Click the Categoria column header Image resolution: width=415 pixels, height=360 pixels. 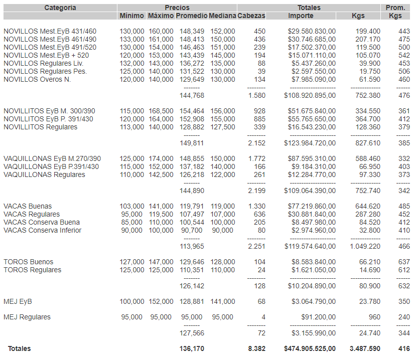click(x=60, y=8)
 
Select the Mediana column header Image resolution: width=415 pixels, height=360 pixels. click(x=222, y=16)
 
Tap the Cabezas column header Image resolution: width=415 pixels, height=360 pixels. click(x=251, y=16)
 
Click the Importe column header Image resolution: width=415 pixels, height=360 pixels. click(x=301, y=16)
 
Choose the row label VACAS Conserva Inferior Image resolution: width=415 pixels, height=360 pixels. click(x=42, y=230)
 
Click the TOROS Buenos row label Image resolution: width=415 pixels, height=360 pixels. click(x=28, y=262)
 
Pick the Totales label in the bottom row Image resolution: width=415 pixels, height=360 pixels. click(x=19, y=348)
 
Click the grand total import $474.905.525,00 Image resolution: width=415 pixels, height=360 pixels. click(x=310, y=348)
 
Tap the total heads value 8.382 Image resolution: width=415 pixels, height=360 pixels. click(x=256, y=348)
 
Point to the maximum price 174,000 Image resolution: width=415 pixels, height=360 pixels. click(x=161, y=158)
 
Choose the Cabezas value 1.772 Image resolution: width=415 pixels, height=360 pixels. click(x=256, y=158)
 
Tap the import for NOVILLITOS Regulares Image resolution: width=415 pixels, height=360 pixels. click(x=312, y=127)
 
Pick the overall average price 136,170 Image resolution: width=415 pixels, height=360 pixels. click(x=192, y=348)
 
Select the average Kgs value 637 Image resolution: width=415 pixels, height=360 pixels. click(x=404, y=262)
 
